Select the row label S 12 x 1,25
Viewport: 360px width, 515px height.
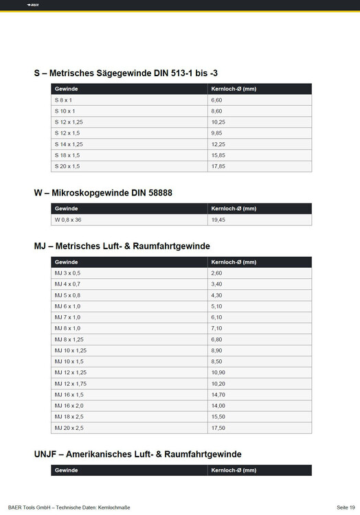pos(69,122)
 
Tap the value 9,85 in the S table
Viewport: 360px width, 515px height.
pos(218,133)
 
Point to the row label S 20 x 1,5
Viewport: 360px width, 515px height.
pos(67,165)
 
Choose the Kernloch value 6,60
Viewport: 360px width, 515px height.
pos(217,100)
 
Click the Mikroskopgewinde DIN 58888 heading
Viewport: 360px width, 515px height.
pos(103,193)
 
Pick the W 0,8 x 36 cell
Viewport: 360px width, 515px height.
pos(69,220)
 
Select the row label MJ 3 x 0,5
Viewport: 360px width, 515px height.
pos(67,273)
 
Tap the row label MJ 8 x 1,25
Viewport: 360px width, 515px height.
pos(69,339)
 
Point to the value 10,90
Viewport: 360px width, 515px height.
pos(218,371)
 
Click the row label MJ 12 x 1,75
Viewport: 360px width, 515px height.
pos(70,383)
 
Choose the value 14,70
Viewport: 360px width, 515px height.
pos(218,395)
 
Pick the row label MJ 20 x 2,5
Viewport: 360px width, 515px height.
pos(69,428)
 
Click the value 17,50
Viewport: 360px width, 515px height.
pos(218,428)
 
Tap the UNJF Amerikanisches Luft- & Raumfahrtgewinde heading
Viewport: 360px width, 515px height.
pos(137,454)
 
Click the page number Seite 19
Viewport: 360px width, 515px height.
pos(346,507)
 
